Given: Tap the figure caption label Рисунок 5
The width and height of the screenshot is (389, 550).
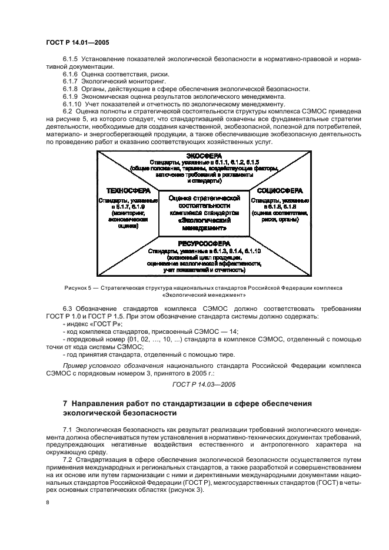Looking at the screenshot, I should (x=80, y=288).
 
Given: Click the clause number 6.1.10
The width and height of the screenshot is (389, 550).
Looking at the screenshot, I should (x=72, y=104).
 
